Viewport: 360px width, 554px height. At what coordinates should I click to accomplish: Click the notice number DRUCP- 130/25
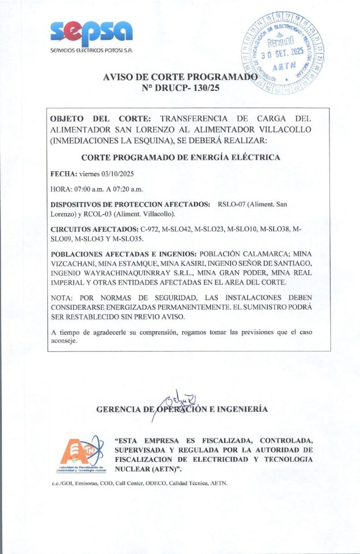coord(181,88)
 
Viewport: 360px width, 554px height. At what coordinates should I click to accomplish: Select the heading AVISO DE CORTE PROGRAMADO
coord(181,77)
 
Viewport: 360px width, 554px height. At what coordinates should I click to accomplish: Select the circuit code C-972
coord(148,228)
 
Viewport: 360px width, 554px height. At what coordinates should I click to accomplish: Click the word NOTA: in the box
coord(63,297)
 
